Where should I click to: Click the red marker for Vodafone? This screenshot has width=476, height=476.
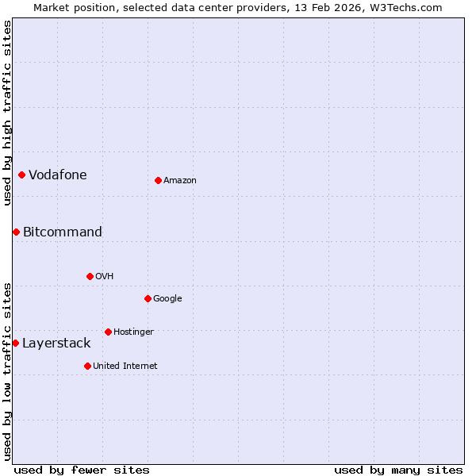(x=21, y=175)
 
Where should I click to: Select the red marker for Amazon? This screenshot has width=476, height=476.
(x=158, y=180)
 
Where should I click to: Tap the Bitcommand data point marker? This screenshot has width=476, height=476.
(x=16, y=232)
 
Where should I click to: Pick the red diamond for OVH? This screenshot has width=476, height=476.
(x=90, y=276)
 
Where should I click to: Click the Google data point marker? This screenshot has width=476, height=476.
(x=148, y=298)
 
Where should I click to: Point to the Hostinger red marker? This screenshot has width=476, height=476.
(x=108, y=332)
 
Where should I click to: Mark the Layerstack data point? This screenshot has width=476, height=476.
(x=15, y=343)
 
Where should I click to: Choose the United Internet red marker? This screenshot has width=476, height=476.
(x=87, y=366)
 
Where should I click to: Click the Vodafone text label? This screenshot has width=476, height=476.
(x=58, y=175)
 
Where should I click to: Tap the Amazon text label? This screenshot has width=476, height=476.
(x=180, y=181)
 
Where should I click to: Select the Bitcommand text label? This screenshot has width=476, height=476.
(x=63, y=232)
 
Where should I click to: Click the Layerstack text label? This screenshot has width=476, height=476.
(x=56, y=344)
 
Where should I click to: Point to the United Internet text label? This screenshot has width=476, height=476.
(x=125, y=366)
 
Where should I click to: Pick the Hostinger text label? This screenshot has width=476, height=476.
(x=133, y=332)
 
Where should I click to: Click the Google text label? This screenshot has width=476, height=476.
(x=167, y=299)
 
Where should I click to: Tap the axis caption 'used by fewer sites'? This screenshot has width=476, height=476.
(x=82, y=470)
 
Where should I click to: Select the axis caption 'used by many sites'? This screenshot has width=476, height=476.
(x=398, y=470)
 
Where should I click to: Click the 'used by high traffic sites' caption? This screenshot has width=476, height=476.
(x=8, y=113)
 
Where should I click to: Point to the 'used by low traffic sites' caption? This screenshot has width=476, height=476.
(x=8, y=371)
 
